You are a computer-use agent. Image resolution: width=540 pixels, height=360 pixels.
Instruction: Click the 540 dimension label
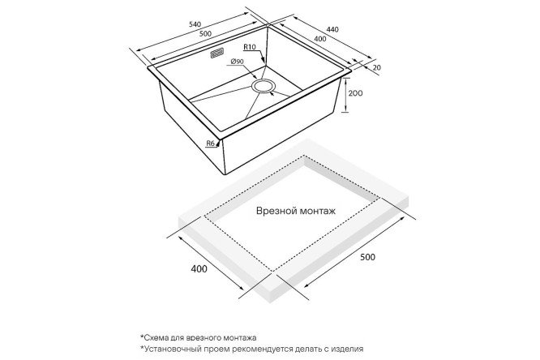(195, 24)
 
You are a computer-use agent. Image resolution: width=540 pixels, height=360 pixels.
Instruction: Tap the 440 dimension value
(332, 29)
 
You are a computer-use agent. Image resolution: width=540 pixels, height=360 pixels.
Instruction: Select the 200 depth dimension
(355, 93)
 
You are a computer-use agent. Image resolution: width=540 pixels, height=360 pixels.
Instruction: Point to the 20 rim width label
(377, 67)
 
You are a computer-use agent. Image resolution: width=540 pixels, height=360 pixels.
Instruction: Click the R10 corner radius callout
(250, 46)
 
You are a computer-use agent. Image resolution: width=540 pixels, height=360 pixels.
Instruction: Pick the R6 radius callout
(211, 144)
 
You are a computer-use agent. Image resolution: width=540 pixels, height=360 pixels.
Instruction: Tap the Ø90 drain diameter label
(238, 62)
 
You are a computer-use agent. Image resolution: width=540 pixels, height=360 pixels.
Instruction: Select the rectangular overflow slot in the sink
(217, 54)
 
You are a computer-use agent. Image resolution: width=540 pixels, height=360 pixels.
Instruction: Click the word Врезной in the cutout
(276, 211)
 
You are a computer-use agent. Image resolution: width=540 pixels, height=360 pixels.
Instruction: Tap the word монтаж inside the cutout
(317, 211)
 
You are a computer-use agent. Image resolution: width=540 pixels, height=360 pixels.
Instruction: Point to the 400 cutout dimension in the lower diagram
(199, 268)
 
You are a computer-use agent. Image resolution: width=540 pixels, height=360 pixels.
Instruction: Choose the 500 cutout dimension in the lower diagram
(367, 257)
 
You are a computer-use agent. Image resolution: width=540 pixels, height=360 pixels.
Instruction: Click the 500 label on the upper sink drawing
(205, 34)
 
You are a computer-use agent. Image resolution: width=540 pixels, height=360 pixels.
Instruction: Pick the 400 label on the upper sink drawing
(320, 39)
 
